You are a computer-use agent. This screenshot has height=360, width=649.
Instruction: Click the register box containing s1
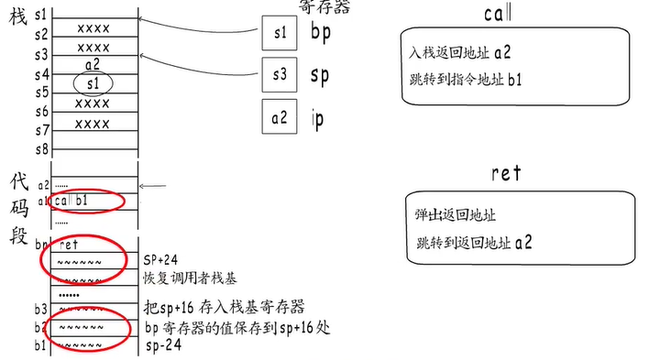[x=280, y=34]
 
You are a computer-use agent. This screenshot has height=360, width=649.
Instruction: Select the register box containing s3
[x=280, y=75]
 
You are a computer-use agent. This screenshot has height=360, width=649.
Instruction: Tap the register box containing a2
[x=280, y=117]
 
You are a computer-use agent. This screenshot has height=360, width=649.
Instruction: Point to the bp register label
[x=321, y=33]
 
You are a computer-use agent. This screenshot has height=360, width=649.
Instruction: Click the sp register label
[x=321, y=75]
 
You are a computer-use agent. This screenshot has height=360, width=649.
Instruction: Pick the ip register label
[x=318, y=118]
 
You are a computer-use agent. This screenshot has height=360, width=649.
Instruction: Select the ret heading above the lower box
[x=505, y=172]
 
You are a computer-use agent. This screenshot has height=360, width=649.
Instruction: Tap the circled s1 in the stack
[x=92, y=83]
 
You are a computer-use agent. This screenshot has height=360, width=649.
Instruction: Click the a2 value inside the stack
[x=92, y=65]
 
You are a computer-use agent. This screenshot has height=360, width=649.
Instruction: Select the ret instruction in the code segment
[x=70, y=245]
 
